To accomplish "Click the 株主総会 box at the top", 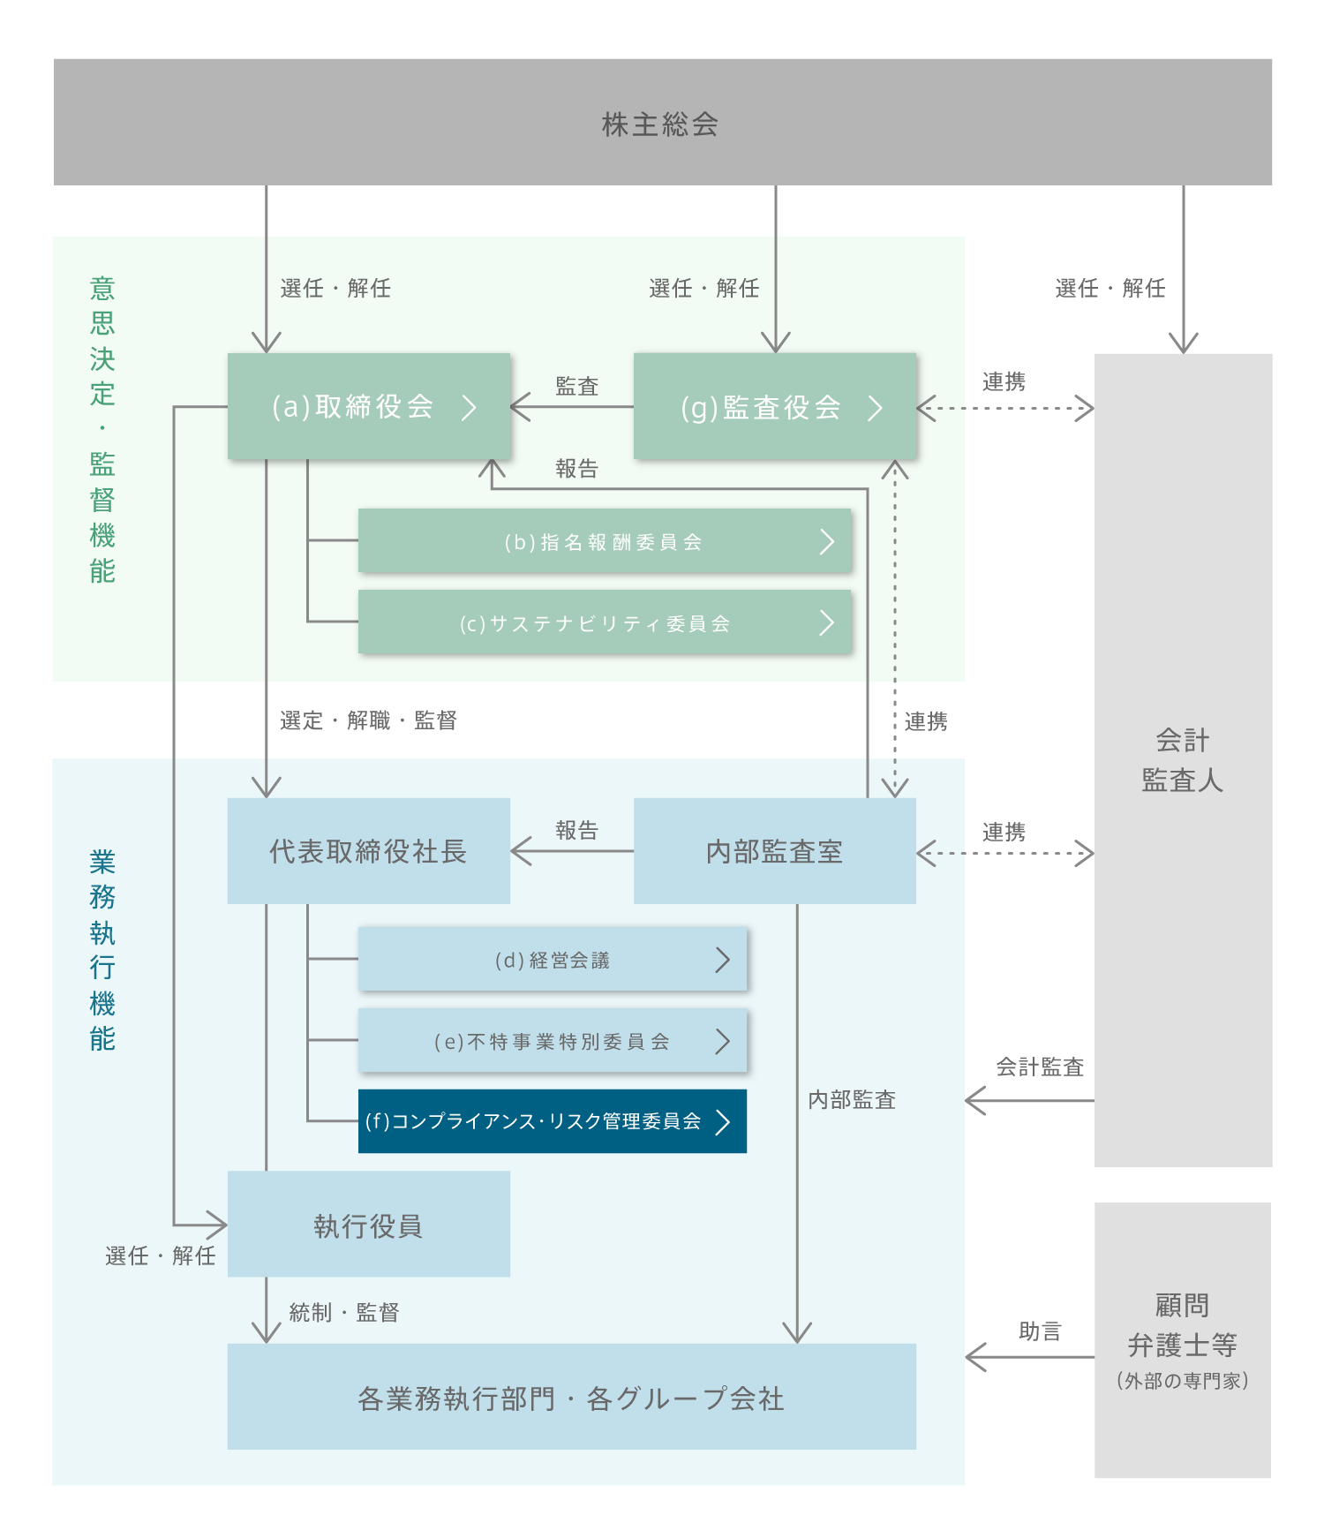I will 661,123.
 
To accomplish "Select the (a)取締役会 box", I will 369,406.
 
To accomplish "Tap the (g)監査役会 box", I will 775,407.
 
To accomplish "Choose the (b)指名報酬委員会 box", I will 605,541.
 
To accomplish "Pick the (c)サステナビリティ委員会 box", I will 605,622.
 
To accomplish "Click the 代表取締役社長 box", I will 368,851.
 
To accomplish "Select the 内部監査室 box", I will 774,851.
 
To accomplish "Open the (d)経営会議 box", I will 553,960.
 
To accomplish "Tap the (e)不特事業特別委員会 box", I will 553,1042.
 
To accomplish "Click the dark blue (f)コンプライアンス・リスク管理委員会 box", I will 553,1121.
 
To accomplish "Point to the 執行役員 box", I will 368,1225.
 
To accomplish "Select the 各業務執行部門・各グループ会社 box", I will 571,1398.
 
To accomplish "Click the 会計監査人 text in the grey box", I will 1183,760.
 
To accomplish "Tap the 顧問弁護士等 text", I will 1183,1325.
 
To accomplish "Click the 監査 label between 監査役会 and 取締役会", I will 577,386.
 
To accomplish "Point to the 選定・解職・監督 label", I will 368,720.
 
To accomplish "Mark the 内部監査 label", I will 852,1099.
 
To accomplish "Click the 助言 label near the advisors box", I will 1040,1331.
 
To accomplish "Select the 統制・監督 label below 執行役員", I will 344,1312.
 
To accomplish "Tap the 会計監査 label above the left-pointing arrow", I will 1040,1067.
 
